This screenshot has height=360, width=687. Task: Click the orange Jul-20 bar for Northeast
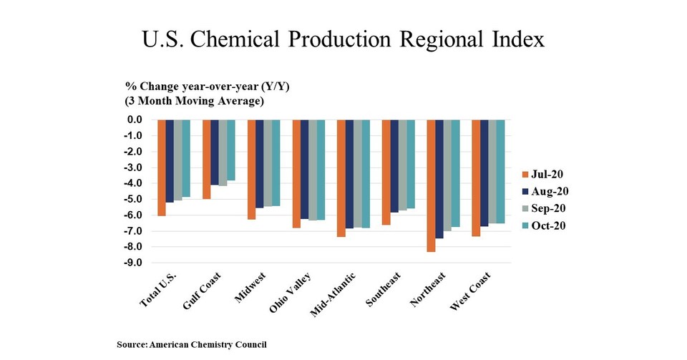tap(431, 185)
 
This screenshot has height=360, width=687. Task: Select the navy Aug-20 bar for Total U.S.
tap(170, 161)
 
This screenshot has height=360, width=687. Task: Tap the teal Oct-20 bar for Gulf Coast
tap(231, 150)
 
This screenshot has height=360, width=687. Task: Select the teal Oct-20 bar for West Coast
tap(500, 171)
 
